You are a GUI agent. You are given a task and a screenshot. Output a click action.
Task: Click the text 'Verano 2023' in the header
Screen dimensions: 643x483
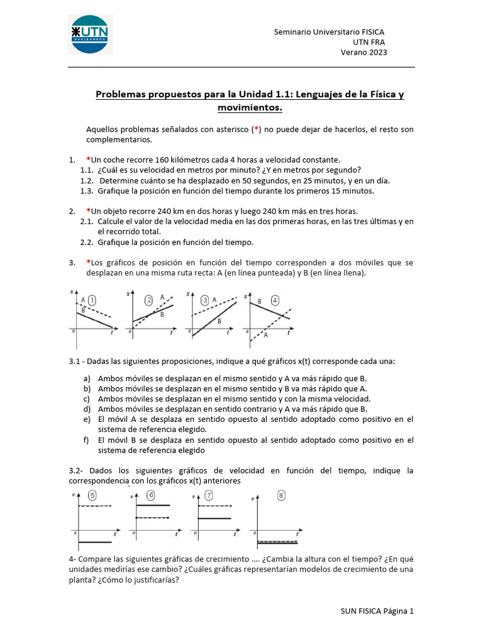click(x=364, y=53)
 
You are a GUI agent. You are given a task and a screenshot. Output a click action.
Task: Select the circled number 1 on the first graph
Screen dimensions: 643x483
click(x=92, y=300)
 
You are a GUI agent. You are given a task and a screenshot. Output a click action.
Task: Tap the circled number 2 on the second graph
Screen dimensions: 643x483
click(x=149, y=300)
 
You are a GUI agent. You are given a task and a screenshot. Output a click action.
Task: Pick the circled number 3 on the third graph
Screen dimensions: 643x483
click(x=204, y=300)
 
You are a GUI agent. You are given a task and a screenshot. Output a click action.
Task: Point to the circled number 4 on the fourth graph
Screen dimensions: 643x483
click(x=275, y=300)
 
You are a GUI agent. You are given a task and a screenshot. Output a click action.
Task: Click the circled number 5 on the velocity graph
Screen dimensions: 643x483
click(x=93, y=495)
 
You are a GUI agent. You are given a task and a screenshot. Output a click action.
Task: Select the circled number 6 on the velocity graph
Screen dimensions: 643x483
click(x=151, y=495)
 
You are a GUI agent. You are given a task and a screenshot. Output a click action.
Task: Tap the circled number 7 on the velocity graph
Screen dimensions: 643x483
click(x=208, y=495)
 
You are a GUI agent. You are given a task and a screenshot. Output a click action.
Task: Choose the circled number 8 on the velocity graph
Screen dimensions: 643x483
click(x=281, y=495)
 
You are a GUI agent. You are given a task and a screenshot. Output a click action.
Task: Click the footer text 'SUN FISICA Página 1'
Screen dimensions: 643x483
click(x=377, y=610)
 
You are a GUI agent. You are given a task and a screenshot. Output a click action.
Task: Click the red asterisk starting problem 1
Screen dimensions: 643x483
click(x=88, y=159)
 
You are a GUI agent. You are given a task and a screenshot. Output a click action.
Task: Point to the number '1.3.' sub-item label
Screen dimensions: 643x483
click(x=87, y=191)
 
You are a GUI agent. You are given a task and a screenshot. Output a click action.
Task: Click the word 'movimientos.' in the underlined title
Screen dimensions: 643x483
click(x=250, y=108)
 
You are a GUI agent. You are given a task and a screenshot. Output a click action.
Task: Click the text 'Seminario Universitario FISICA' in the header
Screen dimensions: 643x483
click(x=329, y=31)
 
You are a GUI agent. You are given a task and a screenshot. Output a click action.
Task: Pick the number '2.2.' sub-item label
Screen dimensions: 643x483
click(x=87, y=242)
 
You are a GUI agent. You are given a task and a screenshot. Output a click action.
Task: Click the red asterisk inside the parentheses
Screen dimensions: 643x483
click(x=255, y=129)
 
